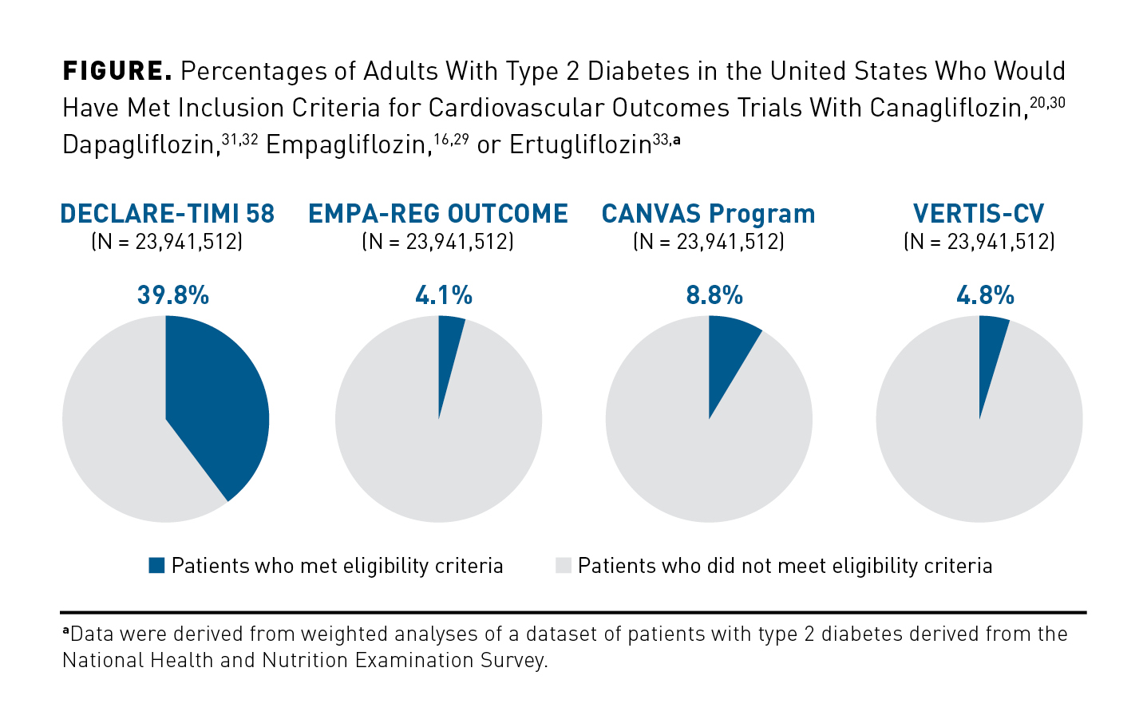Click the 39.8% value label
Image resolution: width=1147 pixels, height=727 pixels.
click(173, 296)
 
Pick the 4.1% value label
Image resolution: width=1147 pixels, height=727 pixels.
click(444, 296)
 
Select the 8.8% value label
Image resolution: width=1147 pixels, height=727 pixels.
click(714, 296)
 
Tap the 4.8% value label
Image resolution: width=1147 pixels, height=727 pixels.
click(985, 296)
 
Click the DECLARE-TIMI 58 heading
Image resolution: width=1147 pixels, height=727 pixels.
click(167, 214)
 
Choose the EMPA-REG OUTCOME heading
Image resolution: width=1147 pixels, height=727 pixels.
click(438, 214)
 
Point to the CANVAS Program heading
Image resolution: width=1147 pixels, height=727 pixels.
click(708, 214)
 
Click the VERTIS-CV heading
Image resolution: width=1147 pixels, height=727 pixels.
click(979, 214)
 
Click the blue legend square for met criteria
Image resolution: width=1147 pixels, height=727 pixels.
click(156, 566)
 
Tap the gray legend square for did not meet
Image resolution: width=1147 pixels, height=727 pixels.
click(564, 566)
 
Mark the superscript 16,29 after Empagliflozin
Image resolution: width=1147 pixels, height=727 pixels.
click(451, 140)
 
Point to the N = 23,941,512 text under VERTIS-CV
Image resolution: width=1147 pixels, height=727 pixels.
click(979, 242)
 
